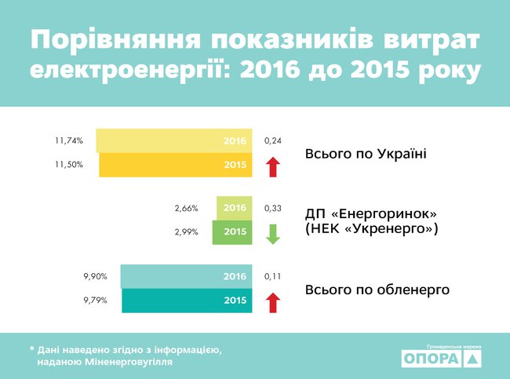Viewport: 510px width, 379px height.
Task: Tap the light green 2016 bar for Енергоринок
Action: coord(234,208)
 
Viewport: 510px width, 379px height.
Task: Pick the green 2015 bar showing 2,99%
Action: coord(232,232)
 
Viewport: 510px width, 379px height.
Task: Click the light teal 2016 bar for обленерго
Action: coord(186,276)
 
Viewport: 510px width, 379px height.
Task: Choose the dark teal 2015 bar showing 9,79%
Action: coord(187,301)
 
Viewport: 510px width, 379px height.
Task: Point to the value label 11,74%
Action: coord(69,141)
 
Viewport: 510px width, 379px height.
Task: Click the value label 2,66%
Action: coord(186,209)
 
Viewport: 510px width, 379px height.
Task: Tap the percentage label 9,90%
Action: coord(95,276)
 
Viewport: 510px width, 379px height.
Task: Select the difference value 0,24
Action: coord(272,141)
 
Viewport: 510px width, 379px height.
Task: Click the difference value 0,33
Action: coord(272,209)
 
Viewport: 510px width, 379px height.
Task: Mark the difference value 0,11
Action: coord(272,276)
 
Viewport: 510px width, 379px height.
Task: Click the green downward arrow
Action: coord(272,234)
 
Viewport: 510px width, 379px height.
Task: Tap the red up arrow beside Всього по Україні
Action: coord(272,166)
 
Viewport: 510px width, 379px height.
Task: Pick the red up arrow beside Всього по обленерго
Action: coord(272,301)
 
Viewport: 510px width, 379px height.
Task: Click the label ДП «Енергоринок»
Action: coord(370,213)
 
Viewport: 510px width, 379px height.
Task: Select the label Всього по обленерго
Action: coord(377,290)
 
